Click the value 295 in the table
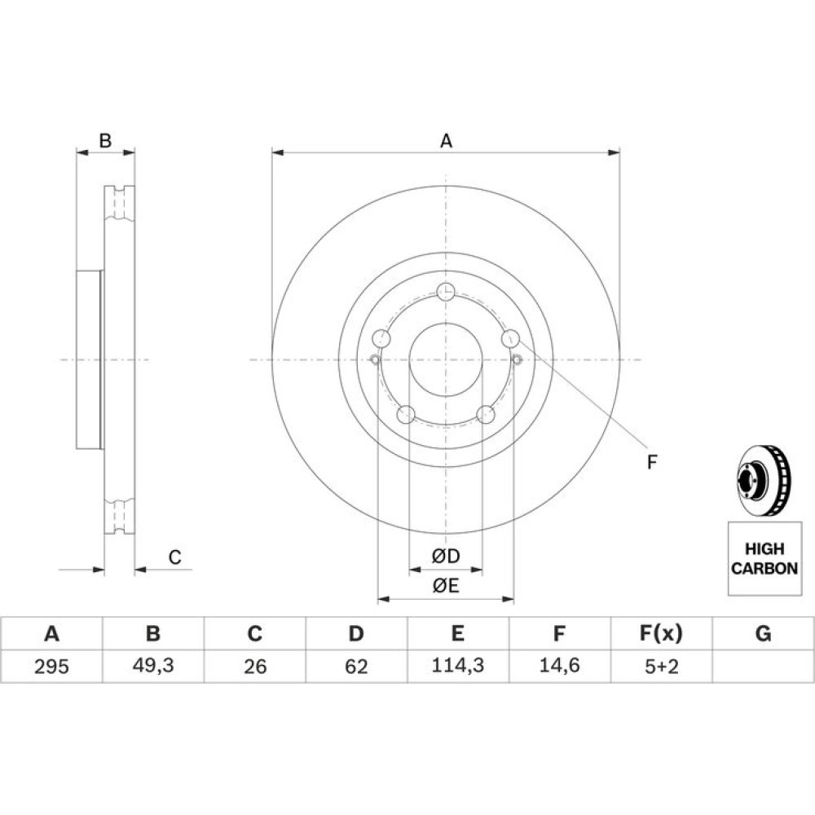pos(51,666)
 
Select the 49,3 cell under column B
pos(153,665)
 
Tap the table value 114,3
pos(457,665)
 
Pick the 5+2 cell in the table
pos(661,666)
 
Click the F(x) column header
pos(661,633)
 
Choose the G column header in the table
pos(763,633)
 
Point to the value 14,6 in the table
pos(559,665)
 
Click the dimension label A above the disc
pos(446,141)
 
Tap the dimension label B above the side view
pos(105,140)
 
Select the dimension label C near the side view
pos(174,557)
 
